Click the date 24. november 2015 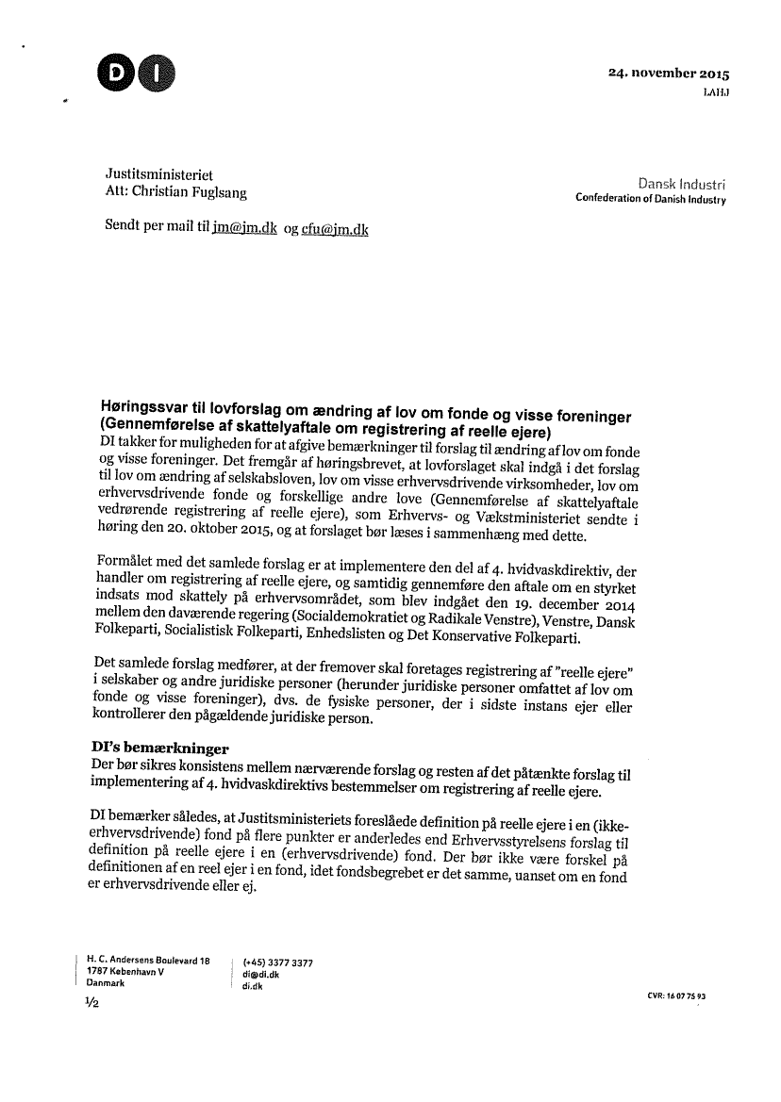point(670,74)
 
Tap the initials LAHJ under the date point(716,91)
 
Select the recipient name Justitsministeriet point(158,175)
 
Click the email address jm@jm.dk point(244,229)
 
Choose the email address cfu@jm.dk point(334,229)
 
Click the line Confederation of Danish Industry point(651,200)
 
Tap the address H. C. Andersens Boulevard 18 point(147,960)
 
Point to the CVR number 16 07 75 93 point(677,995)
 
